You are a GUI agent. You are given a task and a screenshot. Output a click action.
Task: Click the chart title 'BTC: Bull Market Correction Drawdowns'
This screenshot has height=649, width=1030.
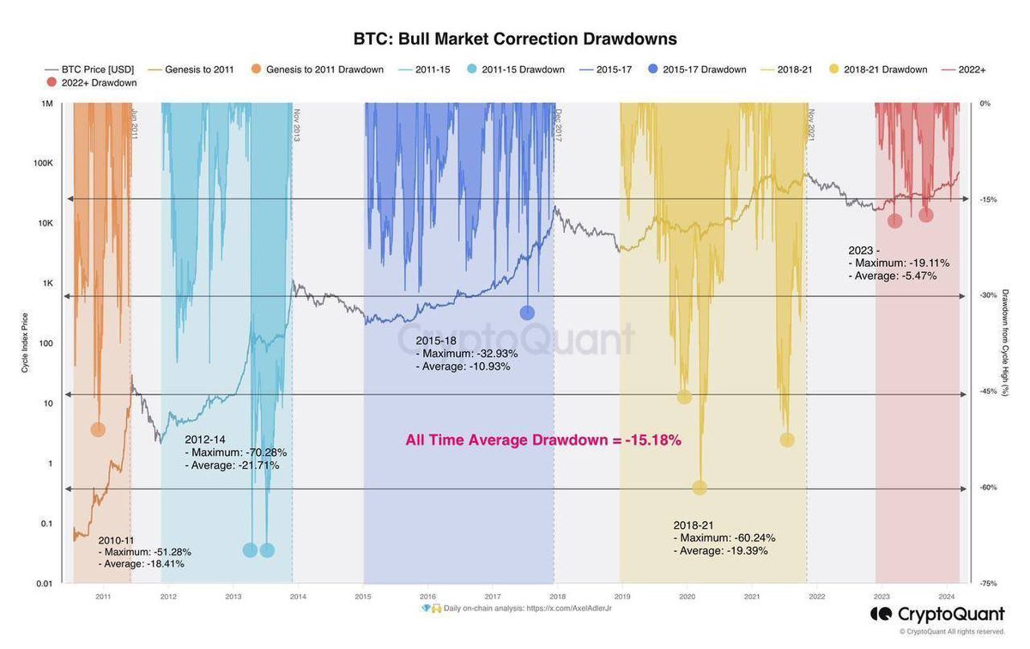pyautogui.click(x=515, y=39)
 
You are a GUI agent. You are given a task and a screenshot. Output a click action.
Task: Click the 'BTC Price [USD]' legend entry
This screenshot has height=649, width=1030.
pyautogui.click(x=89, y=70)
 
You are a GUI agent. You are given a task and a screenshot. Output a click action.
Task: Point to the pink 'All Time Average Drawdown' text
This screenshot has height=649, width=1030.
pyautogui.click(x=543, y=440)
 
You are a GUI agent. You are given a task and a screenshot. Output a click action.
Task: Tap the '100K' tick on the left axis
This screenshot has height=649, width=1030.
pyautogui.click(x=42, y=163)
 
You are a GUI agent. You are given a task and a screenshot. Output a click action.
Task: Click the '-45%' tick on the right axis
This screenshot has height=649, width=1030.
pyautogui.click(x=988, y=391)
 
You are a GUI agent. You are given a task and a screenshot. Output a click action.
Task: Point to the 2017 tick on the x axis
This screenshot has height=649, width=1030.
pyautogui.click(x=492, y=596)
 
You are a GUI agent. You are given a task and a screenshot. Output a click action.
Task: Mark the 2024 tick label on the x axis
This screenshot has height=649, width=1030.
pyautogui.click(x=947, y=596)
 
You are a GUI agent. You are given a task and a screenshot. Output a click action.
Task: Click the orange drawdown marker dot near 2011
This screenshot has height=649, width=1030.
pyautogui.click(x=98, y=429)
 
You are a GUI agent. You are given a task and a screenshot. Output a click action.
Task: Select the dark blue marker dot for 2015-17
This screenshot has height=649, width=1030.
pyautogui.click(x=527, y=313)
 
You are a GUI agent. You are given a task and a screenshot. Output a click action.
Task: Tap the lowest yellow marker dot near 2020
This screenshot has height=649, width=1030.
pyautogui.click(x=700, y=488)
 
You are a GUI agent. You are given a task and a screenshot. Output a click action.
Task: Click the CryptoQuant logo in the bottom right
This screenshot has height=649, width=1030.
pyautogui.click(x=936, y=614)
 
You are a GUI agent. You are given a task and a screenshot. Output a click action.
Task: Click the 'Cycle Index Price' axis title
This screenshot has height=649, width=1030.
pyautogui.click(x=25, y=343)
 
